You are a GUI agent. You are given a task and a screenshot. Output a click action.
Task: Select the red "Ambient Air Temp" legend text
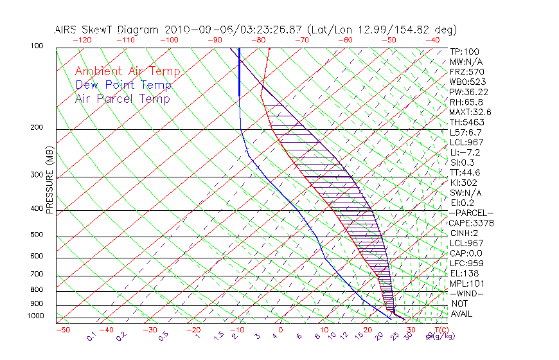(x=128, y=71)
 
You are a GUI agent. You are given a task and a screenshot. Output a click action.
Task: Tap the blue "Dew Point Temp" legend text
(x=123, y=85)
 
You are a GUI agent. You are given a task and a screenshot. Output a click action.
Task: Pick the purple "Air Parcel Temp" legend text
(x=123, y=98)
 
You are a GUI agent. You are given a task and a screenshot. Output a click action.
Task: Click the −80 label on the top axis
(x=258, y=40)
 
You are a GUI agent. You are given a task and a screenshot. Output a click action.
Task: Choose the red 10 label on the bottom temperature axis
(x=323, y=330)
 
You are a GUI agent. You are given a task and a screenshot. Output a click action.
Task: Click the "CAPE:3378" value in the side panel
(x=468, y=223)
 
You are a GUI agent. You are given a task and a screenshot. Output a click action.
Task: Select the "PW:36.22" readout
(x=466, y=92)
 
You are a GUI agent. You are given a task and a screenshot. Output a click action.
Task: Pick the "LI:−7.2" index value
(x=464, y=152)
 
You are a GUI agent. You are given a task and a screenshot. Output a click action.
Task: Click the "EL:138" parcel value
(x=463, y=273)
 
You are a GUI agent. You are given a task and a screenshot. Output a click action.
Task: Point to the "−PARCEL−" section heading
(x=471, y=213)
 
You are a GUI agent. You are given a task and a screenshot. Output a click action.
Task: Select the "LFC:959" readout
(x=465, y=264)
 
